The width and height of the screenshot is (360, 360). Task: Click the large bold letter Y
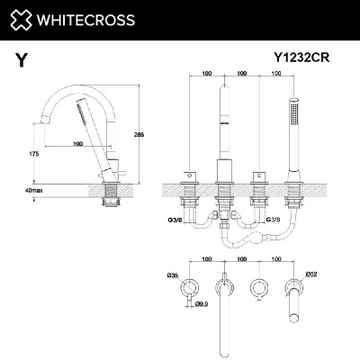point(21,61)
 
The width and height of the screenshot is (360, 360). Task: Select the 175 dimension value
point(33,155)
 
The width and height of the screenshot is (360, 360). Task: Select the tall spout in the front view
point(223,126)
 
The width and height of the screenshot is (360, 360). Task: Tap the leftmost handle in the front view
point(190,173)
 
